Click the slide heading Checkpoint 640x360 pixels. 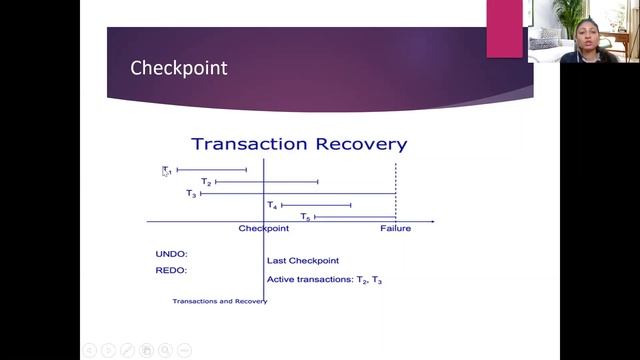179,69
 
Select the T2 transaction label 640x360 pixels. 206,182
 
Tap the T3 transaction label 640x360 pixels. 191,193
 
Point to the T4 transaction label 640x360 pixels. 272,205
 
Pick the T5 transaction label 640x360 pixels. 305,216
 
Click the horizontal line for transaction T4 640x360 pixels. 316,205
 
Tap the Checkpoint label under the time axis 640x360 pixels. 264,229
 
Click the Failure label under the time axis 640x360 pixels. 395,229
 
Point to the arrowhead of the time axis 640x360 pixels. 431,220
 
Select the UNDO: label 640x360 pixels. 172,254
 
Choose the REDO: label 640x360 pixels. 172,270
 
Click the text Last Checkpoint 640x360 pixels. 303,260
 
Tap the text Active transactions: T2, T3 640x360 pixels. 325,280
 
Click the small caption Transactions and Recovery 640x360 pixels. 219,301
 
